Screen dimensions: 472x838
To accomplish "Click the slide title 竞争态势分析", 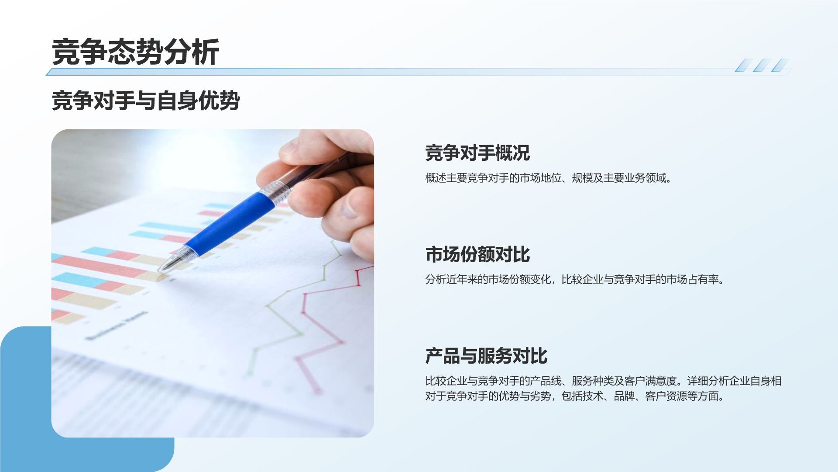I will coord(135,52).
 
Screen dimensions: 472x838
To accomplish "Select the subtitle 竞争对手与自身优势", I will coord(146,101).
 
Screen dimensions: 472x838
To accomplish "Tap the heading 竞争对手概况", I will coord(477,153).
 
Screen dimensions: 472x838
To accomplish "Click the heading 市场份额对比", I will coord(477,254).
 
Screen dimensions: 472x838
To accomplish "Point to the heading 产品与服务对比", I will coord(486,356).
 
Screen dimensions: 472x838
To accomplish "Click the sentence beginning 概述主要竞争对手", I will coord(548,178).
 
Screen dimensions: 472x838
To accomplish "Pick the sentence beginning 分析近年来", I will coord(574,280).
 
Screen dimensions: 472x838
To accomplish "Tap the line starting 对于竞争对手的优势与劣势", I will coord(574,396).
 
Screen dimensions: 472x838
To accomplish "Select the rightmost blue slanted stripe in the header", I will coord(780,65).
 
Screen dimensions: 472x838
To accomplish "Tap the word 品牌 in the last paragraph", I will coord(624,396).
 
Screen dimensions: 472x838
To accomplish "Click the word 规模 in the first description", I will coord(582,178).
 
